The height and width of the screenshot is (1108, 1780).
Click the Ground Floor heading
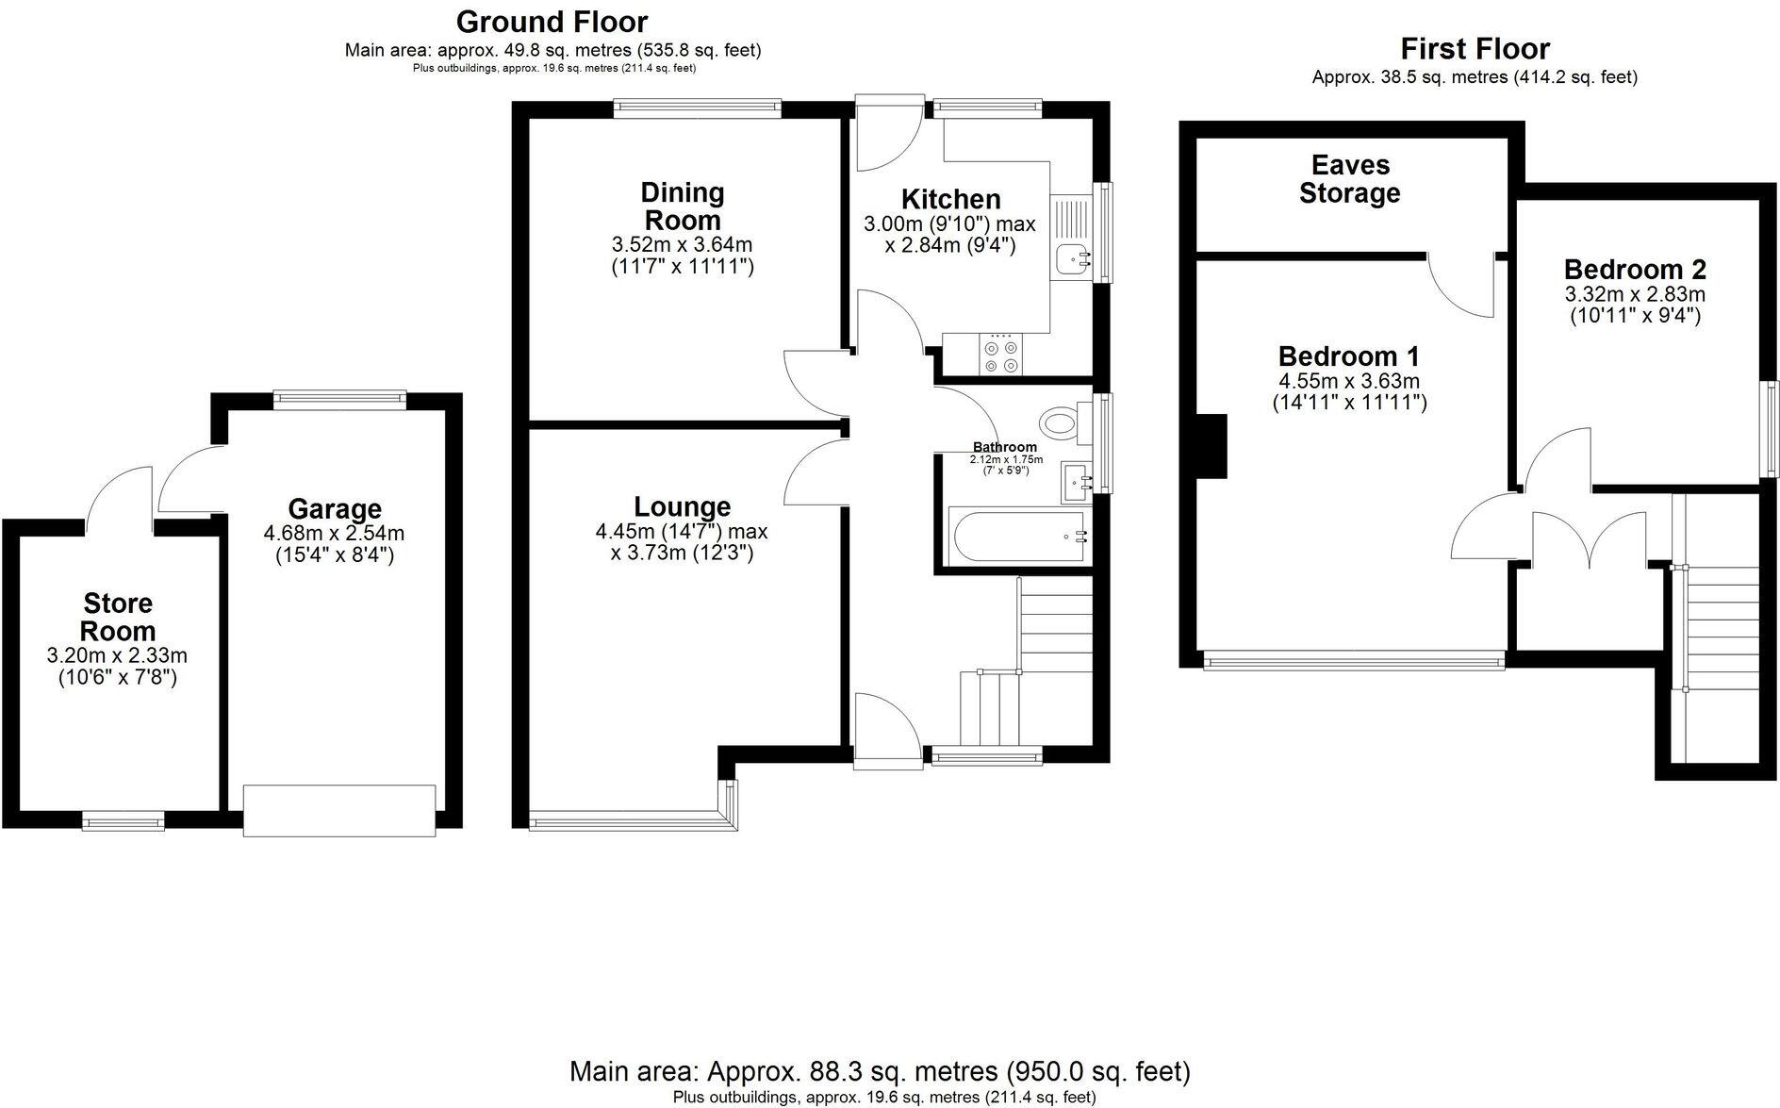[x=552, y=22]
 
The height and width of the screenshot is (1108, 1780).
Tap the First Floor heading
[x=1475, y=48]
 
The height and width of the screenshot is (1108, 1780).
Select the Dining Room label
[x=682, y=207]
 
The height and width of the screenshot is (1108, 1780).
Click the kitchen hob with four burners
[x=1000, y=355]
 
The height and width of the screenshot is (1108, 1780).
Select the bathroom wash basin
[x=1076, y=483]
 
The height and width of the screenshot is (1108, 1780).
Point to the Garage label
[x=335, y=509]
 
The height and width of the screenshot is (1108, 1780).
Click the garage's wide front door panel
[x=339, y=810]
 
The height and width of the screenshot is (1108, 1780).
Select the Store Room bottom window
[x=124, y=822]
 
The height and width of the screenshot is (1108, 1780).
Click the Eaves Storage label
[x=1349, y=179]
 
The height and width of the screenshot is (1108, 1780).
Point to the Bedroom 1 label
[x=1348, y=356]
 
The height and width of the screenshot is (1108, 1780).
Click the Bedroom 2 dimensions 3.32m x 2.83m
[x=1635, y=294]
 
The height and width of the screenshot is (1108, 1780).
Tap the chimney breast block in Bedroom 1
[x=1211, y=445]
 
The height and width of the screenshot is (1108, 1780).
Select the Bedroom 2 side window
[x=1772, y=429]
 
